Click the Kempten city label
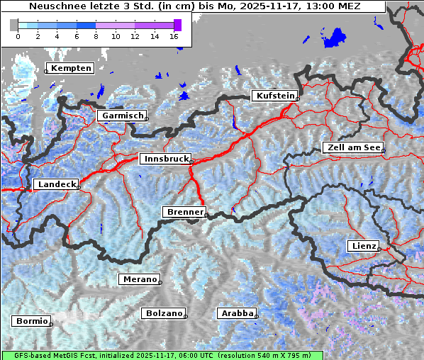(x=69, y=68)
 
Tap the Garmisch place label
(x=121, y=116)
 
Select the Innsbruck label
(x=164, y=159)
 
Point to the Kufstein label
(x=274, y=96)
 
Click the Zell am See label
(x=352, y=147)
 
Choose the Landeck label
(x=55, y=184)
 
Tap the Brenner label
(x=184, y=212)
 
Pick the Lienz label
(x=363, y=246)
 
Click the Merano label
(x=138, y=279)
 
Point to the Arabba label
(x=236, y=313)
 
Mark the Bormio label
(x=31, y=321)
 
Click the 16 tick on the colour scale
(x=174, y=35)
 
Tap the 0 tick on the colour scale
(x=18, y=35)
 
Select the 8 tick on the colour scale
(x=96, y=35)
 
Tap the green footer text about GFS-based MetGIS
(x=163, y=355)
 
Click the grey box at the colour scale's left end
(x=13, y=25)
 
